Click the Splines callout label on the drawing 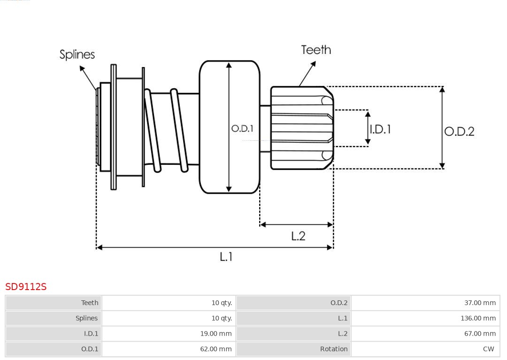pyautogui.click(x=77, y=54)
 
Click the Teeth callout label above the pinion pyautogui.click(x=316, y=50)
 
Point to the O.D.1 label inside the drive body pyautogui.click(x=242, y=128)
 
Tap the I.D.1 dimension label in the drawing pyautogui.click(x=380, y=129)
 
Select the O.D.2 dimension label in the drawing pyautogui.click(x=459, y=131)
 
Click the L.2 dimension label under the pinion pyautogui.click(x=298, y=236)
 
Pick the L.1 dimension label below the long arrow pyautogui.click(x=226, y=257)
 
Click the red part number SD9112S pyautogui.click(x=26, y=286)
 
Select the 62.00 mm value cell pyautogui.click(x=215, y=349)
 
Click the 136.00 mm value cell pyautogui.click(x=478, y=318)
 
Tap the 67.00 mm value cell pyautogui.click(x=480, y=334)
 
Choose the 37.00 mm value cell pyautogui.click(x=480, y=303)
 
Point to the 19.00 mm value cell pyautogui.click(x=215, y=334)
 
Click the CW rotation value pyautogui.click(x=488, y=349)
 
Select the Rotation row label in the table pyautogui.click(x=334, y=349)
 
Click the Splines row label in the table pyautogui.click(x=87, y=318)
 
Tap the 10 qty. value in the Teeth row pyautogui.click(x=222, y=303)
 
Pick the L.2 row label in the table pyautogui.click(x=343, y=334)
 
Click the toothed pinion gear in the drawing pyautogui.click(x=300, y=128)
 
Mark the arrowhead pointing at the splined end pyautogui.click(x=82, y=69)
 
